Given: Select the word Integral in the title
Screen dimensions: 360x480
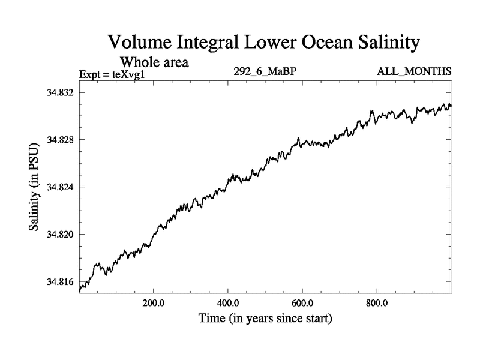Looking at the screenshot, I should click(210, 43).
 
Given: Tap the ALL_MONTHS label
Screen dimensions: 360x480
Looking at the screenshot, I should click(414, 72).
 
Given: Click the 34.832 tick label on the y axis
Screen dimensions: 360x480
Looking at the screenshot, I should click(59, 93).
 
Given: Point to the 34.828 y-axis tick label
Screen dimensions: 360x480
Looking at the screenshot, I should click(59, 140).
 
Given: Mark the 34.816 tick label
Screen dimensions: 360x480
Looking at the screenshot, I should click(59, 281).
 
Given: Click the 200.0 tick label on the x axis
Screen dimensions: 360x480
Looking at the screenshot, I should click(154, 302).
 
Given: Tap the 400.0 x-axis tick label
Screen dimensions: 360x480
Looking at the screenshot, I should click(228, 302).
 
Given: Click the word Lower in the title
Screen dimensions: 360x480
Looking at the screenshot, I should click(271, 43).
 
